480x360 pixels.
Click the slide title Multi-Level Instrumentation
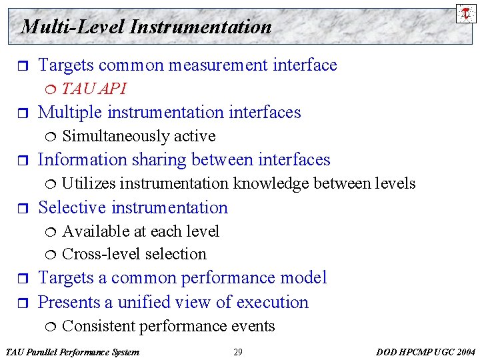(146, 27)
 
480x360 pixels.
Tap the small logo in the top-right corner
(466, 13)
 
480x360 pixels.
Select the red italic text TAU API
(94, 89)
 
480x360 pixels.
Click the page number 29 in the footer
(238, 352)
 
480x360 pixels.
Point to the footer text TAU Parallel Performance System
(72, 352)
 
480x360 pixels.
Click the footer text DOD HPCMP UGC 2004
(426, 352)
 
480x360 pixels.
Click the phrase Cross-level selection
(134, 254)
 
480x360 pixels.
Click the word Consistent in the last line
(95, 326)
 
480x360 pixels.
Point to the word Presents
(69, 302)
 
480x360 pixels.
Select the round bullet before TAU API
(53, 89)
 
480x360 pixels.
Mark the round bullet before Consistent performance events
(53, 326)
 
